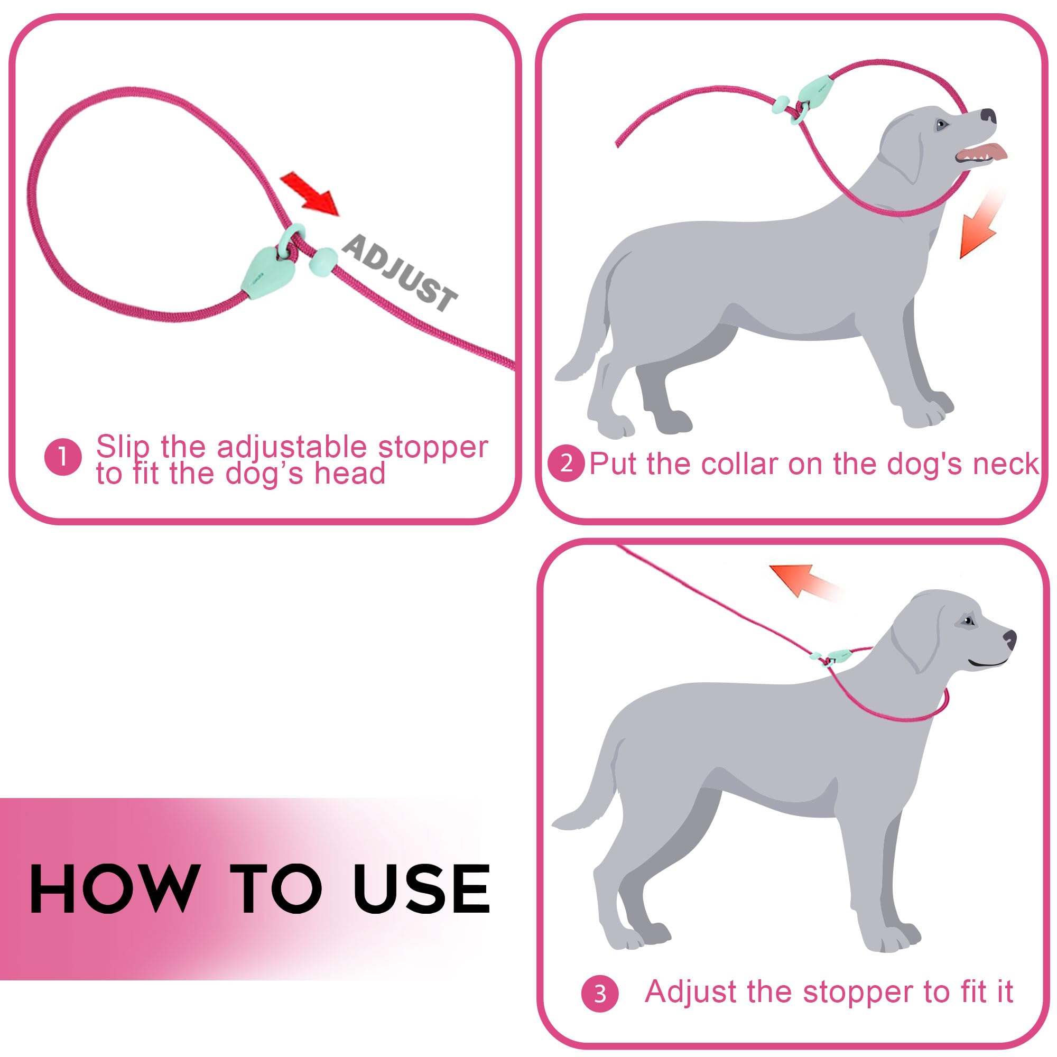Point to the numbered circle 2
coord(566,464)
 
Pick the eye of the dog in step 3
coord(969,621)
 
